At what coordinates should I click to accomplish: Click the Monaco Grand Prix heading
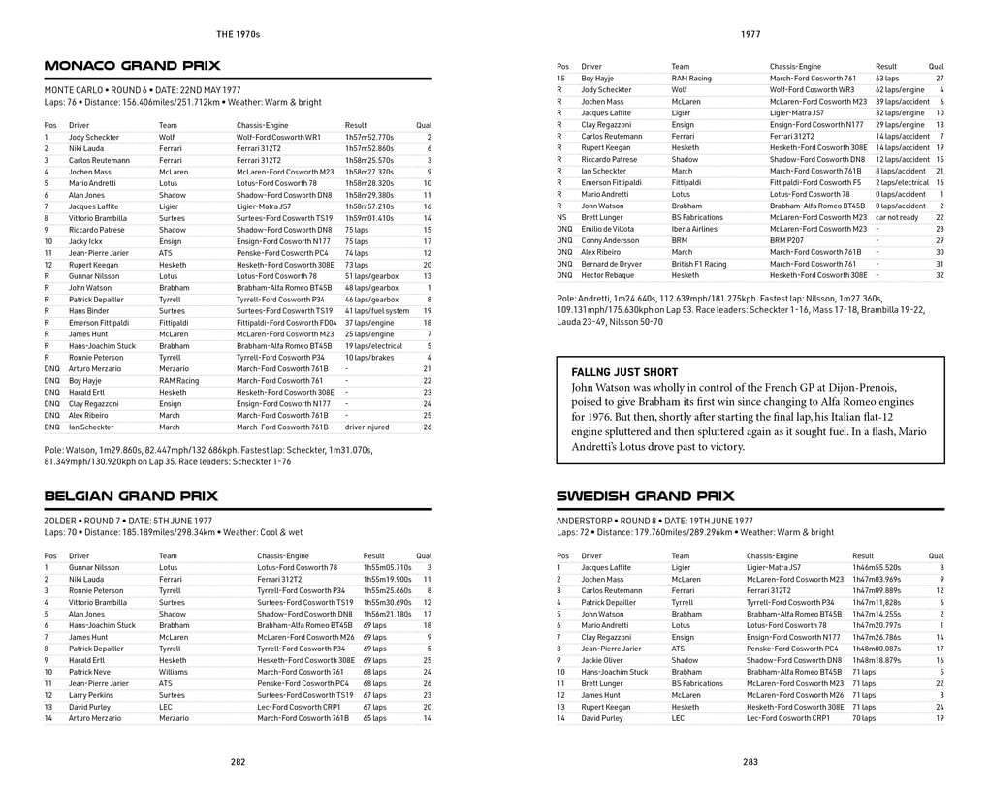pyautogui.click(x=133, y=66)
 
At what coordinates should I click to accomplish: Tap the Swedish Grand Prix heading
pyautogui.click(x=645, y=495)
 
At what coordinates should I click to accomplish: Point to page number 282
pyautogui.click(x=238, y=762)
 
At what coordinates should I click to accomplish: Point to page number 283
pyautogui.click(x=750, y=762)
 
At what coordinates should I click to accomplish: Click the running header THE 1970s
pyautogui.click(x=238, y=34)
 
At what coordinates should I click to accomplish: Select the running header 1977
pyautogui.click(x=750, y=34)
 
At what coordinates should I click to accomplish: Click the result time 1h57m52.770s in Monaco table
pyautogui.click(x=369, y=138)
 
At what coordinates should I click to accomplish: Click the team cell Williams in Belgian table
pyautogui.click(x=175, y=671)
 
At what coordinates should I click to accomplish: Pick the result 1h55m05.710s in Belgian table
pyautogui.click(x=388, y=567)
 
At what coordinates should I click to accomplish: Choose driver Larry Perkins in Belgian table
pyautogui.click(x=90, y=694)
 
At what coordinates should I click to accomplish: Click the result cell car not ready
pyautogui.click(x=898, y=217)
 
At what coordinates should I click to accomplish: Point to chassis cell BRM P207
pyautogui.click(x=788, y=240)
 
